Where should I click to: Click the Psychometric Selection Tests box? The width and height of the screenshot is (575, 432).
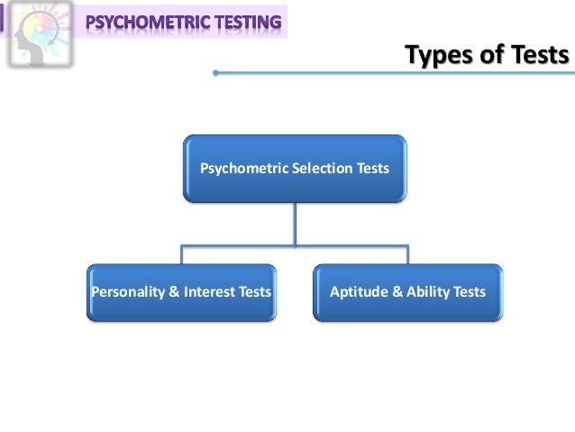294,168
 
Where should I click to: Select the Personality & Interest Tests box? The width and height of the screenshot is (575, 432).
181,292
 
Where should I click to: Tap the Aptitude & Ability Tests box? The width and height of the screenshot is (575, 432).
407,292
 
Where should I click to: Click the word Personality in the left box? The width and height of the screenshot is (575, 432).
124,292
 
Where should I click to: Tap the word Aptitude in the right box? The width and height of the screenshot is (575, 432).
355,292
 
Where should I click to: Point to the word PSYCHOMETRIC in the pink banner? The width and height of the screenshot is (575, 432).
147,19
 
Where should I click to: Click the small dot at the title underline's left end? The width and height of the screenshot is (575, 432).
216,74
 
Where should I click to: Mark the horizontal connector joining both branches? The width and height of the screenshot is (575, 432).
294,244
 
